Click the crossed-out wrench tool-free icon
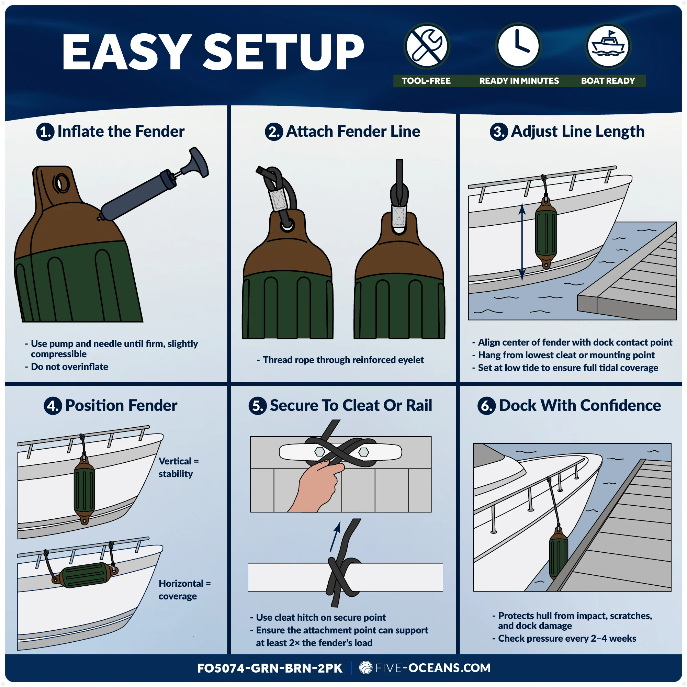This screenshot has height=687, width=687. click(x=427, y=46)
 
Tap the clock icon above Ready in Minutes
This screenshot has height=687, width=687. click(x=518, y=46)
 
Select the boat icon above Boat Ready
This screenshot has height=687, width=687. click(x=608, y=46)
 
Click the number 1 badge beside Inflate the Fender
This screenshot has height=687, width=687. click(x=45, y=132)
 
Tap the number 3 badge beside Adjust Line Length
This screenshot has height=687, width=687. click(x=498, y=132)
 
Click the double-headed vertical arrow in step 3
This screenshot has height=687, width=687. click(x=522, y=242)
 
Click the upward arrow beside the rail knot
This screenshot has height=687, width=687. click(x=335, y=537)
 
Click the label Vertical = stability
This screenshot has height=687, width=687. click(x=178, y=468)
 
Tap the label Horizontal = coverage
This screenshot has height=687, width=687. click(x=184, y=590)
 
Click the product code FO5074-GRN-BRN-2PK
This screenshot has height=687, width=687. click(x=270, y=668)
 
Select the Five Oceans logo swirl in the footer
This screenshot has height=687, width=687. click(x=365, y=668)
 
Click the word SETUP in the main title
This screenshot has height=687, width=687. click(x=284, y=52)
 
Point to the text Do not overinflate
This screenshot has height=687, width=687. click(x=70, y=367)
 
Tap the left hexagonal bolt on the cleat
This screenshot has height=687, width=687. click(x=320, y=452)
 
